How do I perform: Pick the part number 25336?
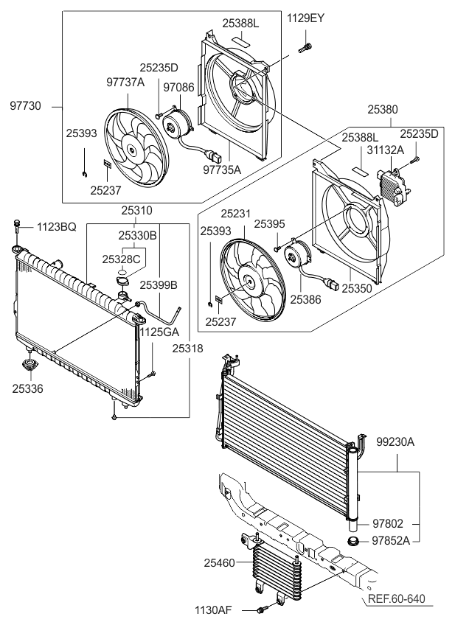[x=27, y=387]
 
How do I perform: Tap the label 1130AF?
[x=214, y=610]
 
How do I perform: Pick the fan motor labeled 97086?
[x=176, y=123]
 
